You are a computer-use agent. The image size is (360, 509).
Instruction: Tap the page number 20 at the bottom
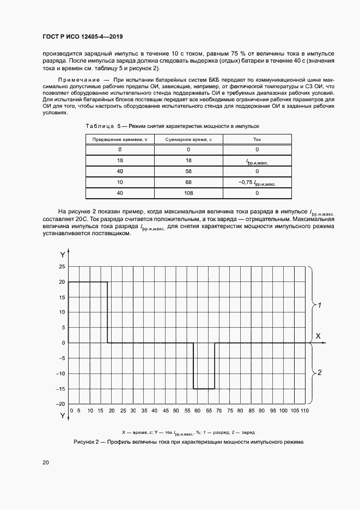(46, 462)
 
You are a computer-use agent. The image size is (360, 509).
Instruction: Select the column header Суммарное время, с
(188, 139)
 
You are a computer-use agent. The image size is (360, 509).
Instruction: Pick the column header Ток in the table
(257, 139)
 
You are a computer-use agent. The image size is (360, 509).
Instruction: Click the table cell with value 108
(188, 192)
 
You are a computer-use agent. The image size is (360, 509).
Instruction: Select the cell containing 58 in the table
(188, 171)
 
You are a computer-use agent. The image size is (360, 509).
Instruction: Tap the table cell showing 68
(188, 182)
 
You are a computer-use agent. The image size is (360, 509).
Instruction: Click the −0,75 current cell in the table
(257, 182)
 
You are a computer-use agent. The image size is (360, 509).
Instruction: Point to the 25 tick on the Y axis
(62, 267)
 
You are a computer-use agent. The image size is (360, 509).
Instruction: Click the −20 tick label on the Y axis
(60, 404)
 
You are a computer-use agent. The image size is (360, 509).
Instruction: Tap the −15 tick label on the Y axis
(60, 389)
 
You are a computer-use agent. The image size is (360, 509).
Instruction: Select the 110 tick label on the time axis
(304, 410)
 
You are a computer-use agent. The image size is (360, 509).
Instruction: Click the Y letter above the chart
(62, 255)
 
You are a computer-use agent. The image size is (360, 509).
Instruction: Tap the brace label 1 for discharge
(320, 305)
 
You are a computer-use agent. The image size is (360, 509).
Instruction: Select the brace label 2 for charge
(320, 373)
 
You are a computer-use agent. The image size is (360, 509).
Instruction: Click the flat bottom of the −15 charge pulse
(204, 389)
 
